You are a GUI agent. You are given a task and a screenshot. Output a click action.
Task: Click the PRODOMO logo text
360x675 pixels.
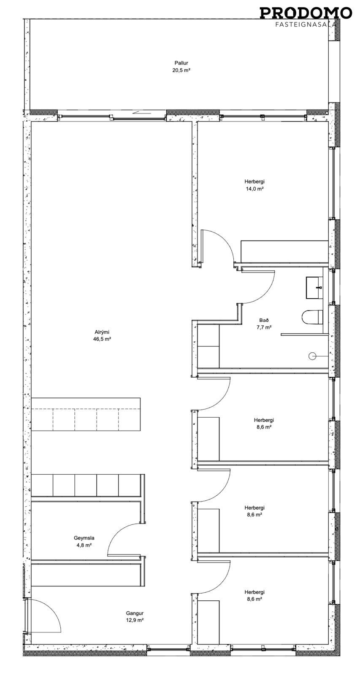point(306,13)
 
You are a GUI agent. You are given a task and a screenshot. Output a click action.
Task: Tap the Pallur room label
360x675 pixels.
point(181,63)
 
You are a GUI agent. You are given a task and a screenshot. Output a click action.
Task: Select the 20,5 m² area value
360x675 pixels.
point(181,70)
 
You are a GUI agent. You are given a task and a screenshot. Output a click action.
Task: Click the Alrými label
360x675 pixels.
point(102,332)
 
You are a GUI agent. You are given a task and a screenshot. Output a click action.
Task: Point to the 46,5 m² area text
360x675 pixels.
point(102,339)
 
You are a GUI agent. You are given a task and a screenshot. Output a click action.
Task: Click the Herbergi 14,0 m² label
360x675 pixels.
point(254,185)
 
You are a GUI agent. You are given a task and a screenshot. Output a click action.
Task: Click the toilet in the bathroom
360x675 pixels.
point(312,317)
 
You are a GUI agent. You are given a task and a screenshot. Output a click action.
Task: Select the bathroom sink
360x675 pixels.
point(314,288)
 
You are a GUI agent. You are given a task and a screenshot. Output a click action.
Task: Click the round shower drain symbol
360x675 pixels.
point(312,356)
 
